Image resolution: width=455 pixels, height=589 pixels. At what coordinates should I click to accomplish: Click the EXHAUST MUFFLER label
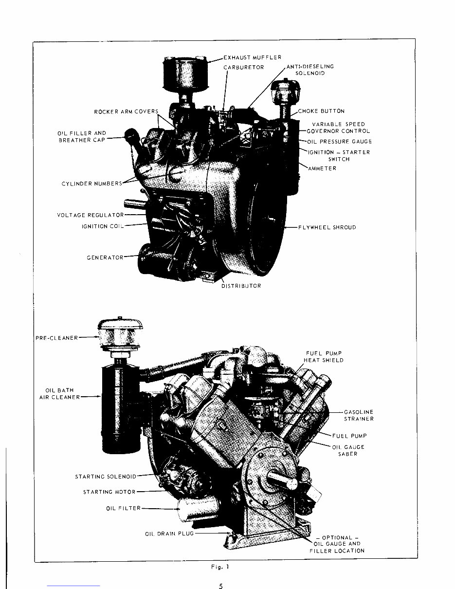252,58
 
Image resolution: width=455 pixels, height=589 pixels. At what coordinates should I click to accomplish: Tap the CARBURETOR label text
243,67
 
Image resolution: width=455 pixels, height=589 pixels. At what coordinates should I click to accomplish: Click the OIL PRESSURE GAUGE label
339,142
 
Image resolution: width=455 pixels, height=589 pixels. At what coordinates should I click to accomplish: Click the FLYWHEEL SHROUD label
327,227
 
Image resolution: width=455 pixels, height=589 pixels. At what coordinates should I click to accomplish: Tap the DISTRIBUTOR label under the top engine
241,286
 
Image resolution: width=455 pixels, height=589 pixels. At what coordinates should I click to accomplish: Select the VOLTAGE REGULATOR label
90,215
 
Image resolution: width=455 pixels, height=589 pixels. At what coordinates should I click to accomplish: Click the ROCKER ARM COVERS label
126,112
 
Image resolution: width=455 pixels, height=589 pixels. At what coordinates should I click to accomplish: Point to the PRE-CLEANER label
57,338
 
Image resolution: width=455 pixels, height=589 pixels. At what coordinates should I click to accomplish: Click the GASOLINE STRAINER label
359,415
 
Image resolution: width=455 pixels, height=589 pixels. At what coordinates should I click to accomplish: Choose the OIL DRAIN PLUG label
169,534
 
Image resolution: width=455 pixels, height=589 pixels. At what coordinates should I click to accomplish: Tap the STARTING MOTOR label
109,492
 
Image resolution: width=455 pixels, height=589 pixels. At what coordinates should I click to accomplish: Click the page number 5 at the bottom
221,586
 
